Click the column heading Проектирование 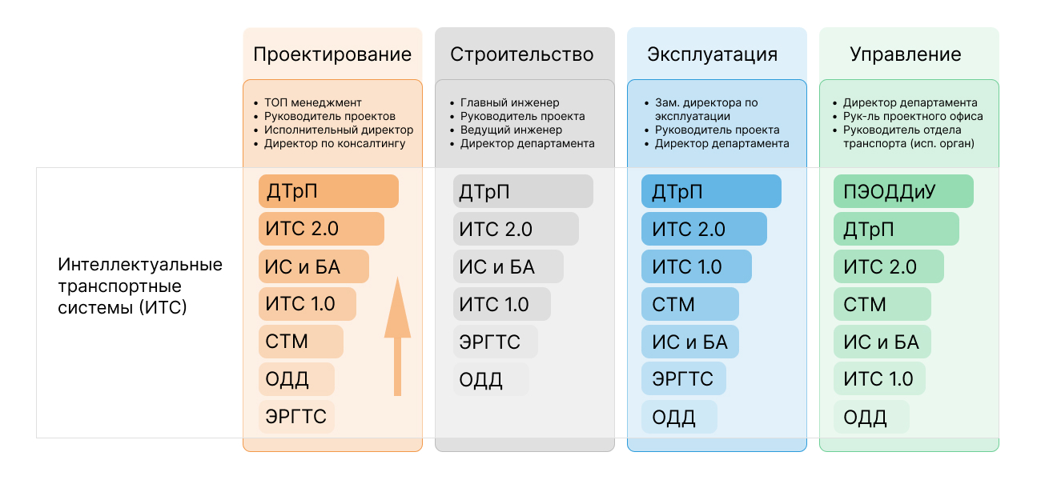(x=332, y=54)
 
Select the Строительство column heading (x=522, y=54)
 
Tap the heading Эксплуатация (x=712, y=54)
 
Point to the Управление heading (x=905, y=54)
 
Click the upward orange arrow (x=397, y=336)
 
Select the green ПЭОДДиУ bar (x=902, y=192)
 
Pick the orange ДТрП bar (x=328, y=192)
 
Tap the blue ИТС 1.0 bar (x=696, y=267)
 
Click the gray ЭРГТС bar (x=495, y=342)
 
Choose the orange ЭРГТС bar (x=296, y=417)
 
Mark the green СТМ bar (x=882, y=305)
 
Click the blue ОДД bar (x=679, y=417)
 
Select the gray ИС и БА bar (x=508, y=267)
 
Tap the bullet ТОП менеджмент (x=313, y=102)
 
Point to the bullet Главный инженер (x=509, y=102)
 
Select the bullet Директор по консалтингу (x=335, y=143)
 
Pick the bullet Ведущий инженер (x=511, y=130)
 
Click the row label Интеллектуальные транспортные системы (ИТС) (x=140, y=286)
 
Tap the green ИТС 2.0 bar (x=888, y=267)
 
